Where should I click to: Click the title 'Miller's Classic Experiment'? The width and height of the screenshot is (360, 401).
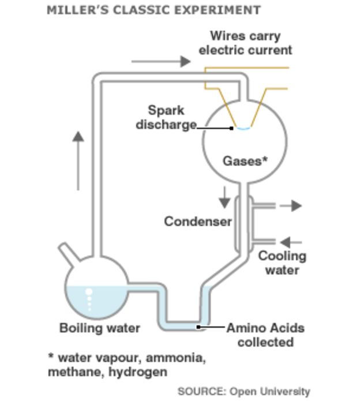coord(153,10)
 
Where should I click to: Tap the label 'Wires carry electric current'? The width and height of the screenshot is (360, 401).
coord(245,43)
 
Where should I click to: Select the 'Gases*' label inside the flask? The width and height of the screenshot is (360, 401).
coord(245,161)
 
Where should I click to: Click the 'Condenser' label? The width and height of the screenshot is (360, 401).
coord(198,222)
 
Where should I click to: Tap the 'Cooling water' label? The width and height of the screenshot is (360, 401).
coord(282,263)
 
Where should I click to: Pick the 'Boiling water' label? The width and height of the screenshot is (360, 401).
coord(100,328)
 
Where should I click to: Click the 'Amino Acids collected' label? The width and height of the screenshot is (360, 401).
coord(265,335)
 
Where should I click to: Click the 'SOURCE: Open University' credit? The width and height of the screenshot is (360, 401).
coord(243,391)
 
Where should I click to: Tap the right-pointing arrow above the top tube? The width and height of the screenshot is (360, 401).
coord(161,61)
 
